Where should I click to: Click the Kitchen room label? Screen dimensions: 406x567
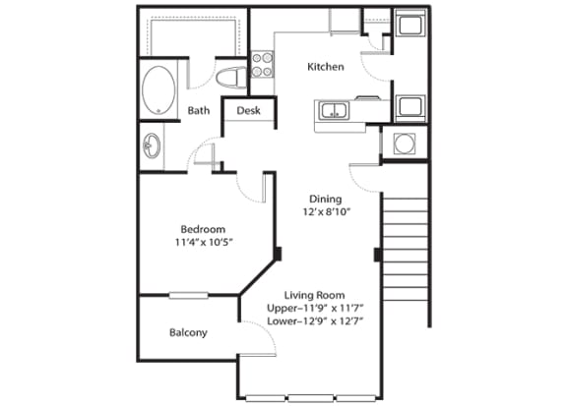click(325, 67)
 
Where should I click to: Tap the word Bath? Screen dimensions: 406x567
click(198, 111)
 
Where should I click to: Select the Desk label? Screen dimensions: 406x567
click(248, 111)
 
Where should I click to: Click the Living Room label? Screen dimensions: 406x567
click(314, 295)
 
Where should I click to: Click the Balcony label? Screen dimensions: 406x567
click(187, 332)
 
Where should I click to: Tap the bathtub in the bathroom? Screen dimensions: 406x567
click(157, 91)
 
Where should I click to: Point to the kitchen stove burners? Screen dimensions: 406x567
click(262, 65)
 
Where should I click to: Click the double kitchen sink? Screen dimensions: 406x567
click(335, 110)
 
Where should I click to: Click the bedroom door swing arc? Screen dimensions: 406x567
click(254, 187)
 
